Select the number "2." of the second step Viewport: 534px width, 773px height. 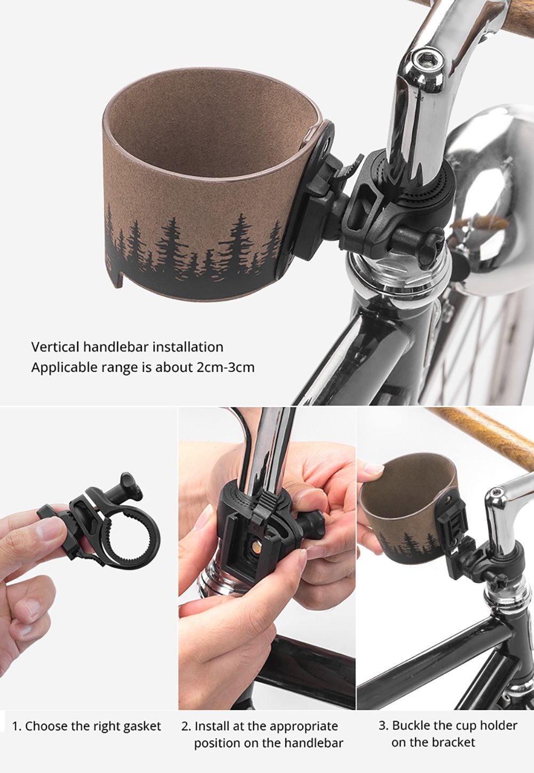(x=186, y=726)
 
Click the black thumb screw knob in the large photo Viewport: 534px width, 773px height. (x=428, y=245)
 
